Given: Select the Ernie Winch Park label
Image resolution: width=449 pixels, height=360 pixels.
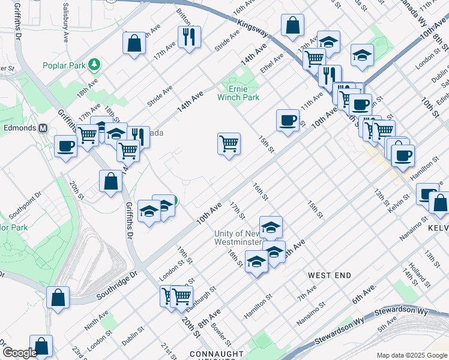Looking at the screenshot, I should point(244,92).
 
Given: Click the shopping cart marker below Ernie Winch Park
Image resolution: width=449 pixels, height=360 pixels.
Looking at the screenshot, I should point(229,144).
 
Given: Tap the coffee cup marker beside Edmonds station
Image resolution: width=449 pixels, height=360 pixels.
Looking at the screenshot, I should point(65,146).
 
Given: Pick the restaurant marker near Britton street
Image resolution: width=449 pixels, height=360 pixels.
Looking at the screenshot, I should point(189,37).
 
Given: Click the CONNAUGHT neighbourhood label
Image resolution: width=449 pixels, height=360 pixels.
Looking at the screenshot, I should point(217,354).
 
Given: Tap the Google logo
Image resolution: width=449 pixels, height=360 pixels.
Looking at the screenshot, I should point(19,353).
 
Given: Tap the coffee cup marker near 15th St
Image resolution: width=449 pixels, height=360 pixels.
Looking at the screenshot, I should point(288,121).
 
